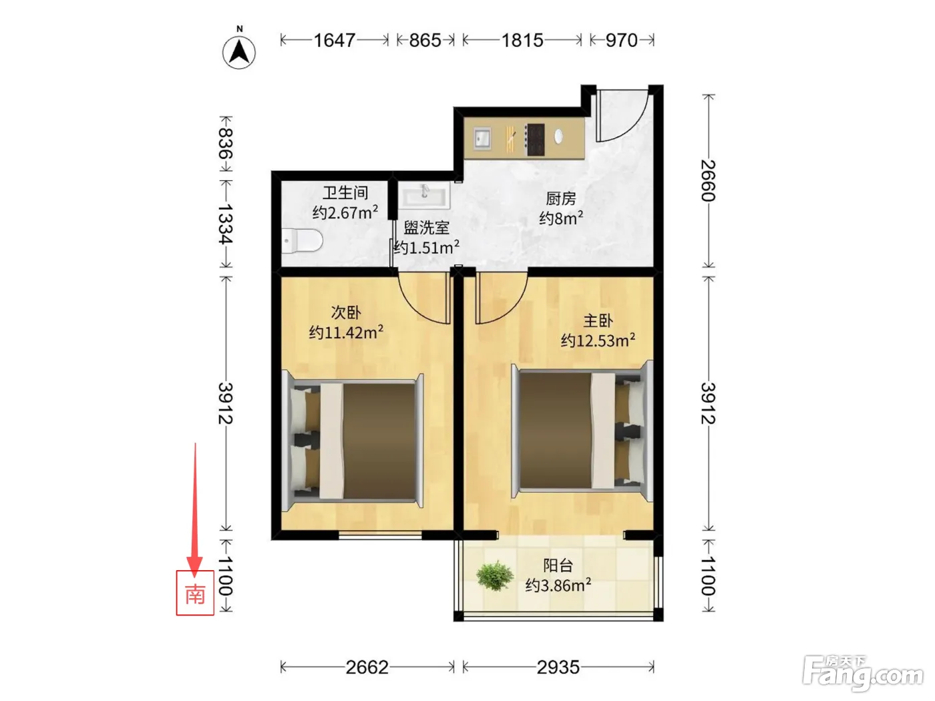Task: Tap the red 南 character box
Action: (x=195, y=593)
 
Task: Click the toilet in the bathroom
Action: (x=302, y=240)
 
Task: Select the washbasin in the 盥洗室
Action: (x=424, y=196)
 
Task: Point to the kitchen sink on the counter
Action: (x=482, y=139)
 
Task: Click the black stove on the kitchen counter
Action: (x=535, y=140)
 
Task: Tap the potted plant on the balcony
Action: (x=495, y=576)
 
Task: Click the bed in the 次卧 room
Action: (x=352, y=441)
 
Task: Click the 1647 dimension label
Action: (x=335, y=41)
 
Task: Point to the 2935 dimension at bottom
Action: (x=558, y=668)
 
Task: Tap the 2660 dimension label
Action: (x=709, y=180)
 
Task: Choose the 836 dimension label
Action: (x=226, y=143)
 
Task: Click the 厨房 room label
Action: (x=560, y=199)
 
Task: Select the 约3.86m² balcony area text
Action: (x=558, y=586)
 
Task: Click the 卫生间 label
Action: (x=345, y=193)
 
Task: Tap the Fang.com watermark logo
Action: (x=863, y=673)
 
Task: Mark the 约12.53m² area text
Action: (x=598, y=340)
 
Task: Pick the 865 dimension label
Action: (x=425, y=41)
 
